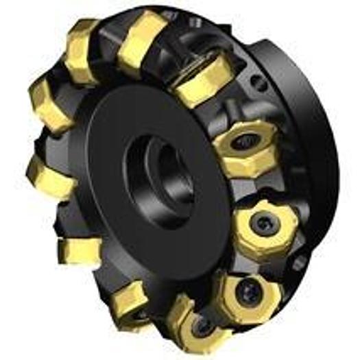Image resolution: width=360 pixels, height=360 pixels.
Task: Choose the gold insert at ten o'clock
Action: click(49, 103)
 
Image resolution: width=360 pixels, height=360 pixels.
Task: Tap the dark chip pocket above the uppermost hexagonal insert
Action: click(237, 113)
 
